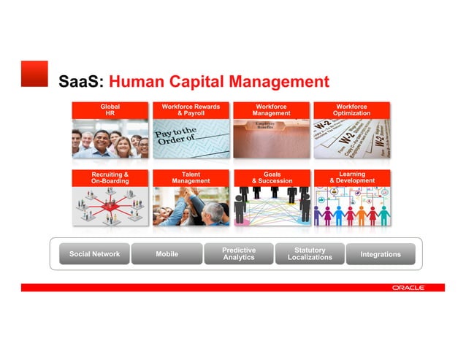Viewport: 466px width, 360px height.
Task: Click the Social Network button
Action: [94, 254]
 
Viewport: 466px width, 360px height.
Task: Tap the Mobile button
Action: [167, 254]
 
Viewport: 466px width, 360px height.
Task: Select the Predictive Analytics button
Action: [239, 253]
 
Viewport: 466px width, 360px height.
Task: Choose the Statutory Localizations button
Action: [310, 253]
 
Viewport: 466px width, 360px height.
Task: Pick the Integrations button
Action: [381, 254]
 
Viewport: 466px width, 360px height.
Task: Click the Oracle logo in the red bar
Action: [408, 288]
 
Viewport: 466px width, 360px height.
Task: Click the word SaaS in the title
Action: [81, 81]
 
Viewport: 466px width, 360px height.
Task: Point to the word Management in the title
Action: [278, 81]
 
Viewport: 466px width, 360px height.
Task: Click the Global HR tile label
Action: [110, 110]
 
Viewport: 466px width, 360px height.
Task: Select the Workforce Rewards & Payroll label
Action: [191, 110]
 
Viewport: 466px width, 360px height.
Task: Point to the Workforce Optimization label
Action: [351, 110]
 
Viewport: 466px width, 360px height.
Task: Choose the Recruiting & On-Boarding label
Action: [110, 177]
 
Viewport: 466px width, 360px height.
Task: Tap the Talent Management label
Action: [191, 177]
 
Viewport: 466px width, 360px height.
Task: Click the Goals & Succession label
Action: [272, 177]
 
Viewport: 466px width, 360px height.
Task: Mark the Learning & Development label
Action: [352, 177]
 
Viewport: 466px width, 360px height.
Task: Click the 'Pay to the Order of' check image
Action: [191, 138]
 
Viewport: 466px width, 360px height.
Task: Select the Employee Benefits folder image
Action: [272, 138]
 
